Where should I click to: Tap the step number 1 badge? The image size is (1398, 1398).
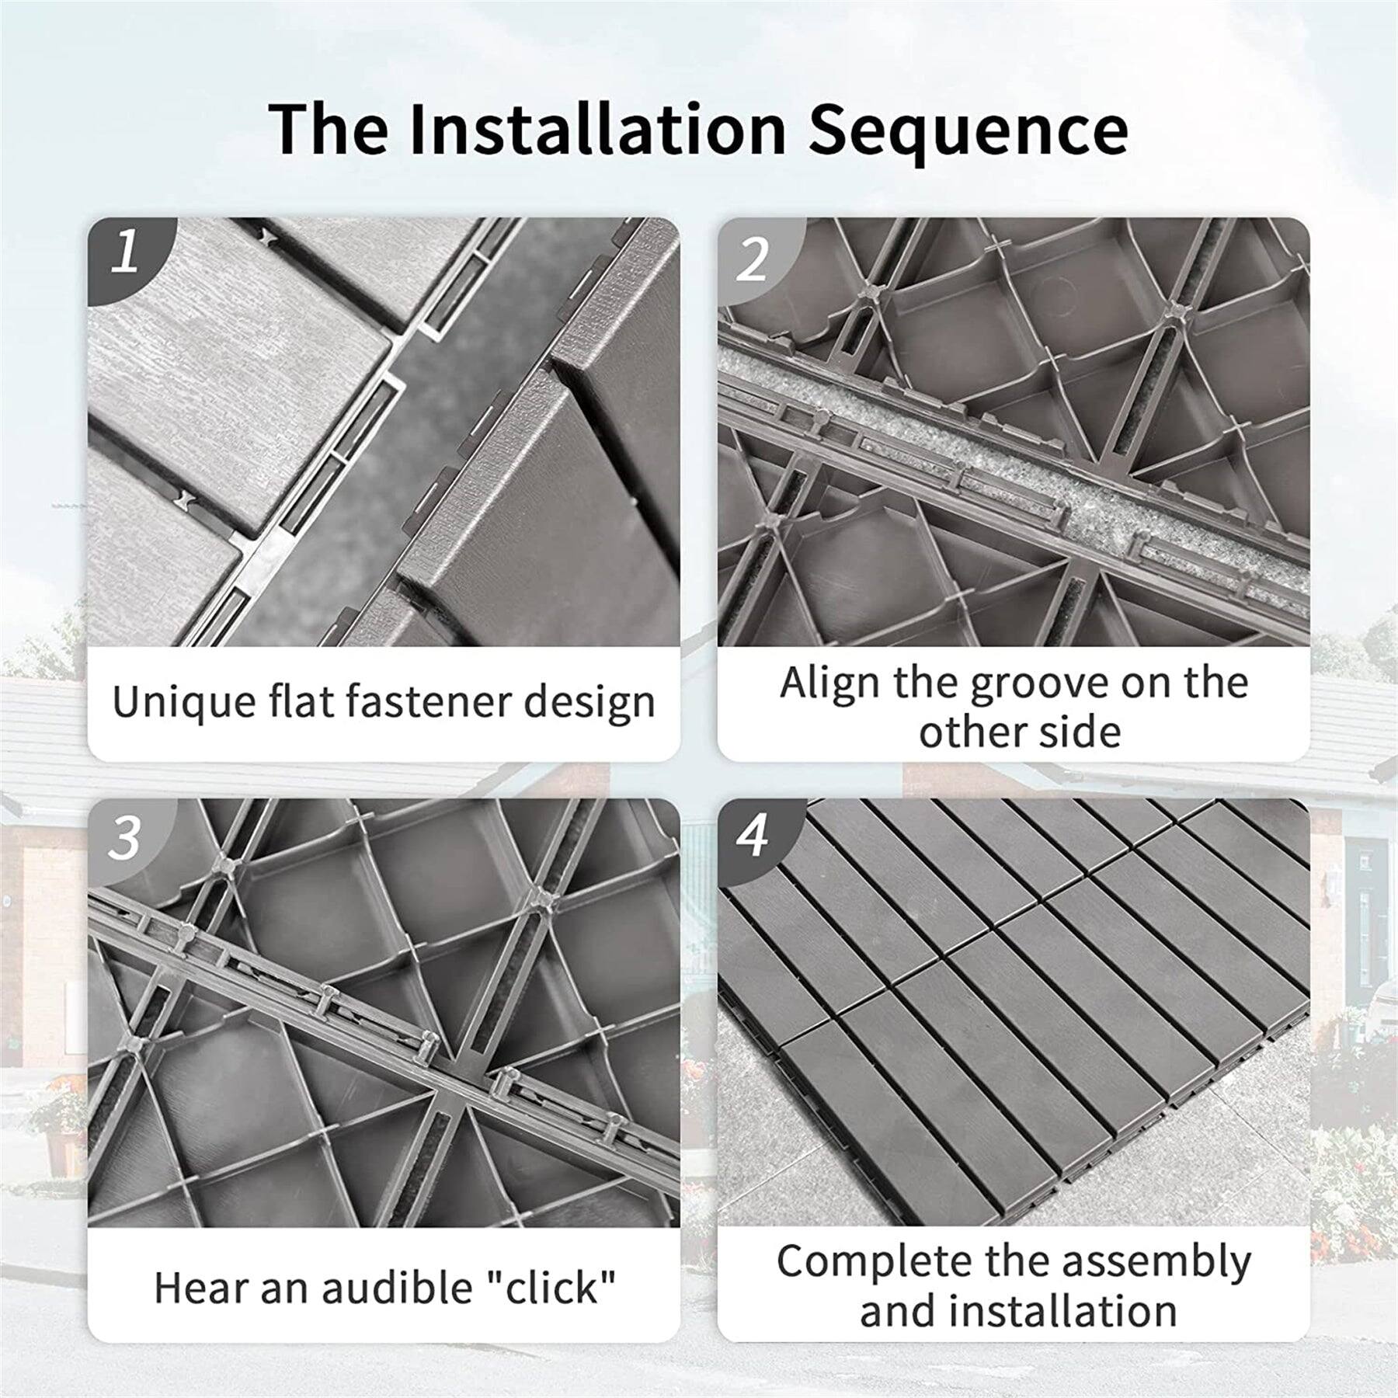tap(125, 252)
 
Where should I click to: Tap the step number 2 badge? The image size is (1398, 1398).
tap(753, 259)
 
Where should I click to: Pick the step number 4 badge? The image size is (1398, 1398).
tap(753, 837)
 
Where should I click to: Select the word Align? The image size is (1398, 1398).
tap(829, 683)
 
